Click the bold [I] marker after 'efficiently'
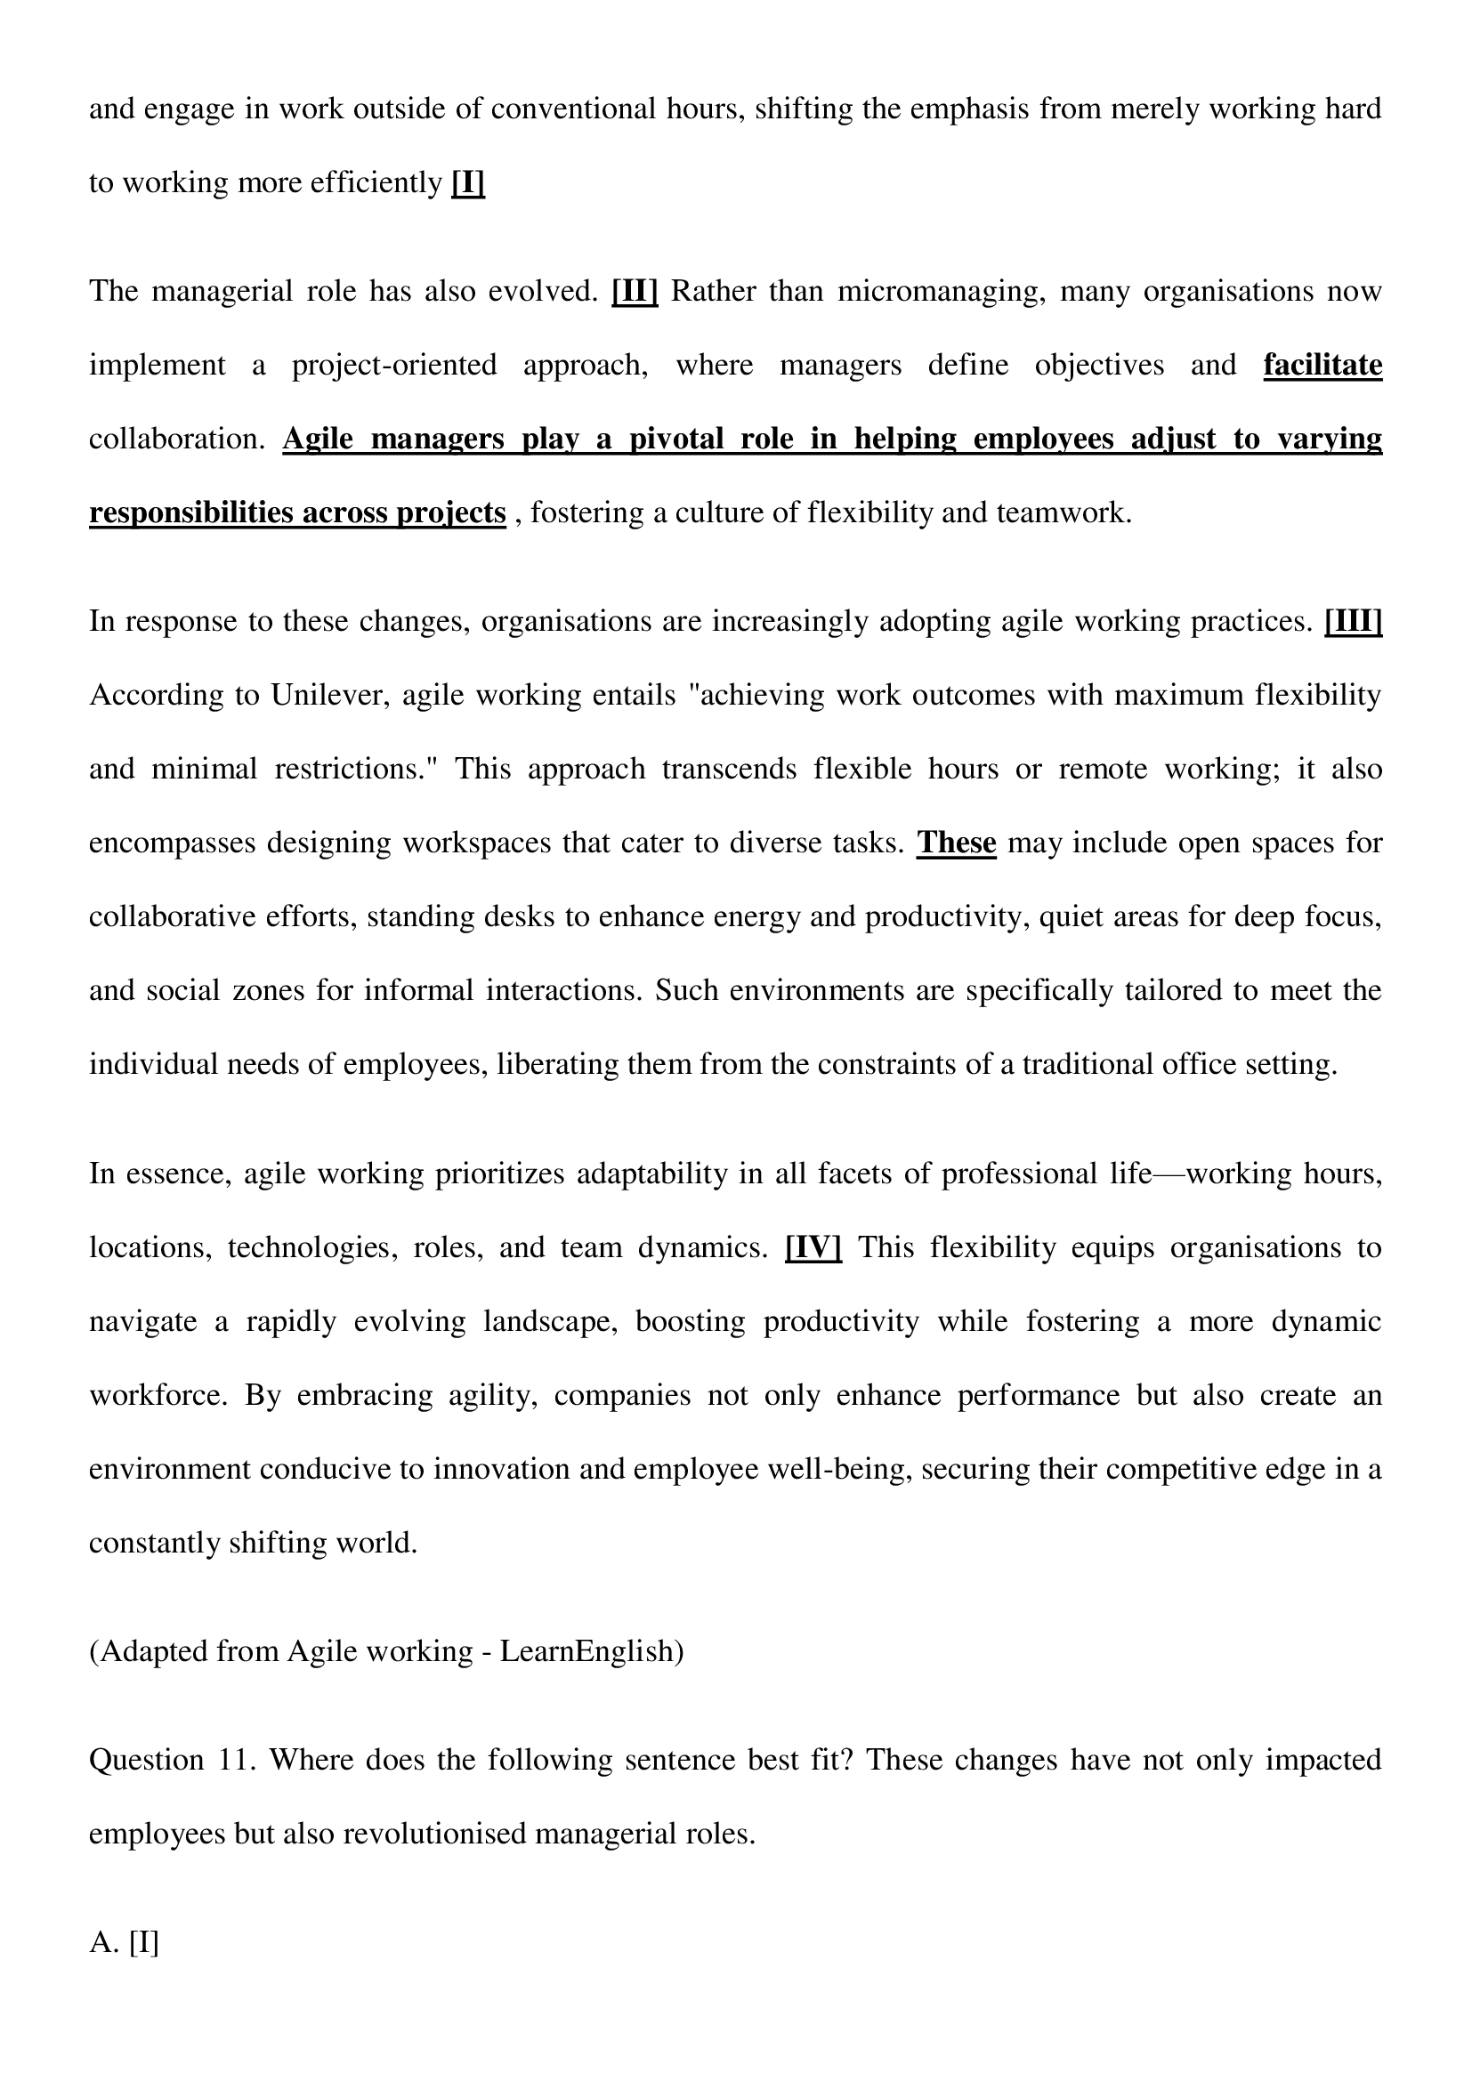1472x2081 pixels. (x=468, y=183)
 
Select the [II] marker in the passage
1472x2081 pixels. (x=635, y=292)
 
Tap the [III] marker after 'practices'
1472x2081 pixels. (x=1354, y=622)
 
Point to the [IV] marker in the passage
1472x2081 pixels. (x=813, y=1248)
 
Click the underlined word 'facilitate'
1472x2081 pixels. (x=1322, y=366)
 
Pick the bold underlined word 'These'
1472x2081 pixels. (x=956, y=843)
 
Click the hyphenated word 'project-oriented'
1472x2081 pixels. (x=394, y=366)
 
